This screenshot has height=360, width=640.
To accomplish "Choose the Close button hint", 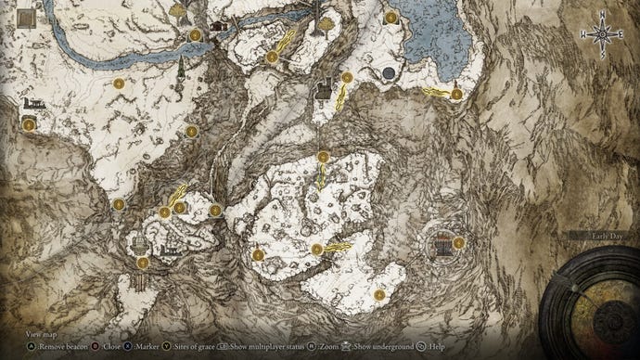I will click(x=111, y=344).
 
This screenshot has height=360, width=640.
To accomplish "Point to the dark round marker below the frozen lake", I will click(x=388, y=72).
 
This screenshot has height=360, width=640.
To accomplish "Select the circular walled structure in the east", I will click(x=442, y=243).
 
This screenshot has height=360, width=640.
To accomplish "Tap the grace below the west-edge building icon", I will click(x=30, y=124).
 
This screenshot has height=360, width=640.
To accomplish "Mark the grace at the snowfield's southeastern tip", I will click(x=379, y=294).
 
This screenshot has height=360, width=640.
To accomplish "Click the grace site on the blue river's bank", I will click(x=196, y=35).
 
